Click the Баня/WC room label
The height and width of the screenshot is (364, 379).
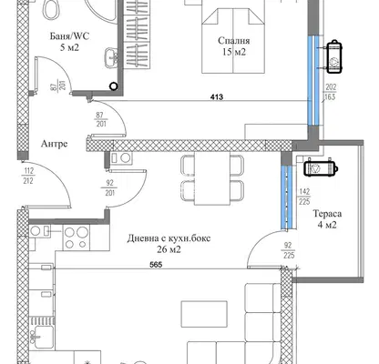(69, 36)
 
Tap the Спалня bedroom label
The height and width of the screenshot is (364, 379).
(234, 41)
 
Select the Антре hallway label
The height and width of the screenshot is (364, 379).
(54, 144)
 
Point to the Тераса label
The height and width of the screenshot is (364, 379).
(327, 214)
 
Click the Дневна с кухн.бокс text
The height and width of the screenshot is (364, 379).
(169, 238)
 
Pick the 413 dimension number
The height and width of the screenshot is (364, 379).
(217, 97)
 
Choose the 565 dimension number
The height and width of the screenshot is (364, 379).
(156, 265)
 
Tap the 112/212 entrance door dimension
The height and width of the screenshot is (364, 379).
(28, 177)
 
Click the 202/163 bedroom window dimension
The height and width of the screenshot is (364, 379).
(331, 92)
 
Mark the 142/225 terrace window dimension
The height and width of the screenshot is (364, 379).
(304, 197)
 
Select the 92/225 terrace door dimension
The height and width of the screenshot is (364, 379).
(289, 250)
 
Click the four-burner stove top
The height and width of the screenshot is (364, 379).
(76, 238)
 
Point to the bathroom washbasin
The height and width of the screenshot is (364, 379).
(111, 57)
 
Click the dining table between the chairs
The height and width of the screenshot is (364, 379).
(212, 178)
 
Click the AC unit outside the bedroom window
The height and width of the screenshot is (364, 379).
(334, 56)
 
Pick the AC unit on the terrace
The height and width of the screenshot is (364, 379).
(321, 167)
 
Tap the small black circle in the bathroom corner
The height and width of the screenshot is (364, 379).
(114, 86)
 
